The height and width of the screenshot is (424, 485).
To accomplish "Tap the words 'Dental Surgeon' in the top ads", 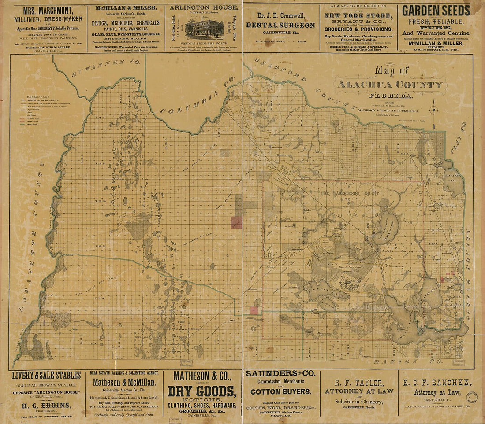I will [x=280, y=26].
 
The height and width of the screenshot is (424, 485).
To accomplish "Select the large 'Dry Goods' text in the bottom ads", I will [x=202, y=391].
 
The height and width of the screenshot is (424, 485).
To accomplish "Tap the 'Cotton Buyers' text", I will [x=281, y=391].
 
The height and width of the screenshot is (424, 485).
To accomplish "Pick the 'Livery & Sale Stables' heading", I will [x=46, y=376].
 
